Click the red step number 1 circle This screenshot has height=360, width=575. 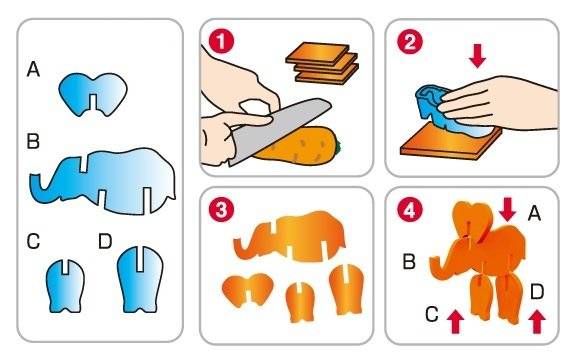coord(221,42)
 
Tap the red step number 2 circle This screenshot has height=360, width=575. coord(410,42)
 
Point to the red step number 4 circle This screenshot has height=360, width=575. coord(410,210)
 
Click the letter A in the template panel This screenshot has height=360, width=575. coord(33,69)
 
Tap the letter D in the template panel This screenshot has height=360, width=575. coord(105,241)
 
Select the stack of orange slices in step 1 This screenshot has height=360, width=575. coord(322,62)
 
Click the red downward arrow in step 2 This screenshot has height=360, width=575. coord(477,57)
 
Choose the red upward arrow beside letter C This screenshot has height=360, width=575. coord(455,322)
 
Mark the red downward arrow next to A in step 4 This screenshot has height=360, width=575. coord(508,210)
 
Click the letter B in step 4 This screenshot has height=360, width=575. coord(409,262)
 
